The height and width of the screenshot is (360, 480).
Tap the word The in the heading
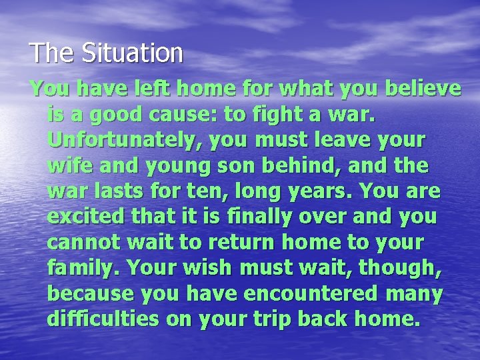(x=46, y=53)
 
